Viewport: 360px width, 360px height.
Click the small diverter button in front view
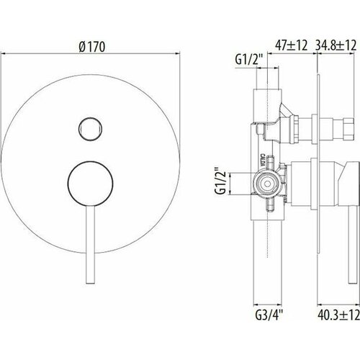pos(89,128)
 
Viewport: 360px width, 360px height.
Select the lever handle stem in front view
pos(89,245)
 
